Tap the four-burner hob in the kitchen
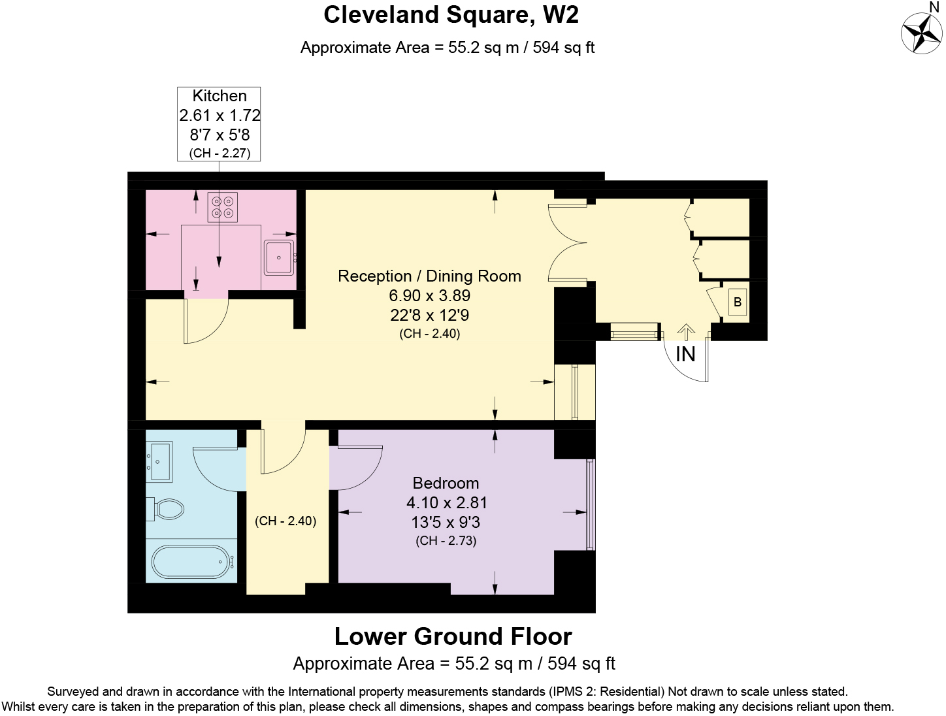pos(222,207)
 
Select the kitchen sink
pos(280,257)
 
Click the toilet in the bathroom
pos(167,509)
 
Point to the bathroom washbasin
pos(159,462)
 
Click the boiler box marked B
pos(738,302)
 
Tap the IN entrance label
pos(685,354)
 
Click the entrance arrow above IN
pos(685,332)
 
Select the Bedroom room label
pos(446,483)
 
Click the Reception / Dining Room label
pos(429,276)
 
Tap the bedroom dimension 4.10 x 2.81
pos(446,502)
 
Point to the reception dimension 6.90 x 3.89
pos(429,295)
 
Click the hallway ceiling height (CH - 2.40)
pos(285,521)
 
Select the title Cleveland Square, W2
pos(451,14)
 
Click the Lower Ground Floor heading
pos(453,636)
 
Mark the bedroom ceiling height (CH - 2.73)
pos(446,540)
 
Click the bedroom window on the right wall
pos(591,504)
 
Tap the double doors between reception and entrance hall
pos(567,244)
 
